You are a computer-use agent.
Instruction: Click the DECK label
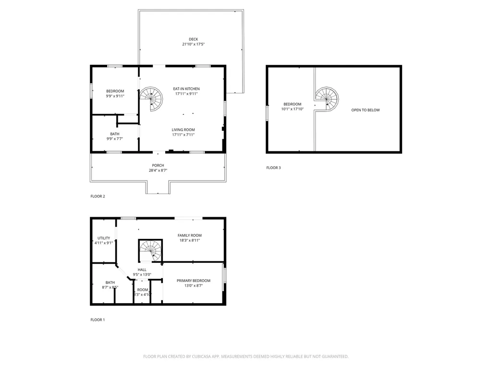pyautogui.click(x=193, y=39)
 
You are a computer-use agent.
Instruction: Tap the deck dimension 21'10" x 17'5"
pyautogui.click(x=193, y=44)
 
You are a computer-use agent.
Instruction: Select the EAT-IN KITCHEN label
pyautogui.click(x=186, y=89)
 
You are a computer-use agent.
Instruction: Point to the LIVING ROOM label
pyautogui.click(x=184, y=130)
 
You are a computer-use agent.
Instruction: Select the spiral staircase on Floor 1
pyautogui.click(x=151, y=250)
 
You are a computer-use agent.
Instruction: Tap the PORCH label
pyautogui.click(x=158, y=165)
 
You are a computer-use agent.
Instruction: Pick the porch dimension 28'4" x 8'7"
pyautogui.click(x=158, y=170)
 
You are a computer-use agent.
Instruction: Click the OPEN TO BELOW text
pyautogui.click(x=365, y=110)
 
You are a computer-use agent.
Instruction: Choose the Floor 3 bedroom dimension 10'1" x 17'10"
pyautogui.click(x=292, y=109)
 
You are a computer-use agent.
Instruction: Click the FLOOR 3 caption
pyautogui.click(x=273, y=168)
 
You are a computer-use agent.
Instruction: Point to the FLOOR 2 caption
pyautogui.click(x=98, y=196)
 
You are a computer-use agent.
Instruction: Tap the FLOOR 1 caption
pyautogui.click(x=98, y=320)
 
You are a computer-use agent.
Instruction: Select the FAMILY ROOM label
pyautogui.click(x=189, y=235)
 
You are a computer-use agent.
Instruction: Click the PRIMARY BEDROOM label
pyautogui.click(x=193, y=281)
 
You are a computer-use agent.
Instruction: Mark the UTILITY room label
pyautogui.click(x=104, y=238)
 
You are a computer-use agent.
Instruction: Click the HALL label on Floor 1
pyautogui.click(x=142, y=270)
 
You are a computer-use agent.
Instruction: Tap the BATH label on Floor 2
pyautogui.click(x=115, y=134)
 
